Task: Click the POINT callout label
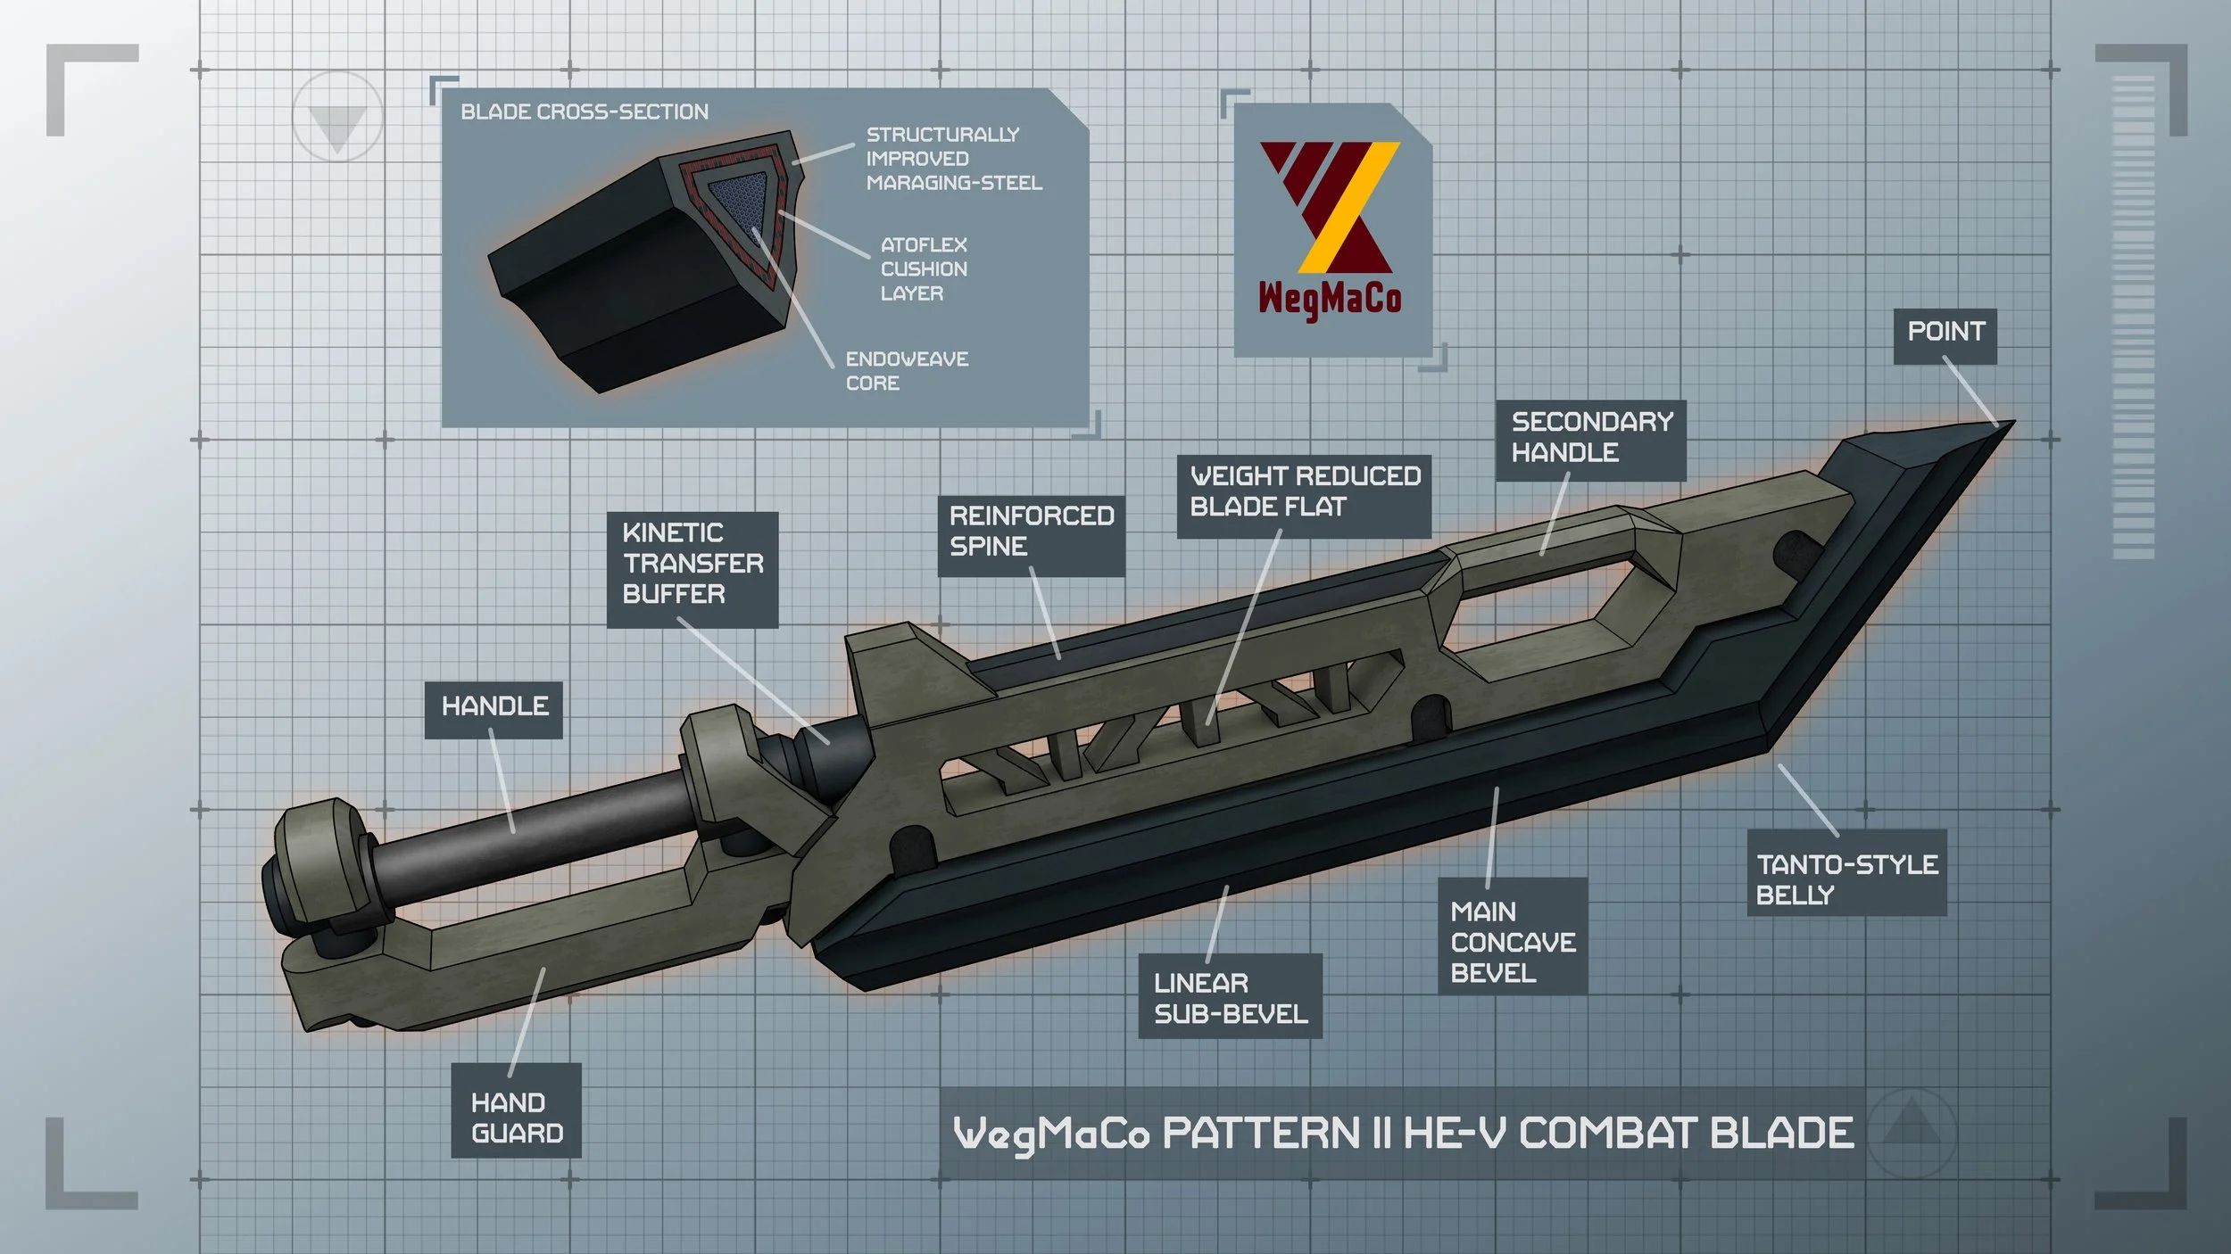pyautogui.click(x=1945, y=336)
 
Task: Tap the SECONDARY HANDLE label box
pyautogui.click(x=1590, y=441)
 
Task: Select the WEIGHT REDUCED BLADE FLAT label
pyautogui.click(x=1304, y=496)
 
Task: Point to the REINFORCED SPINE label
pyautogui.click(x=1031, y=536)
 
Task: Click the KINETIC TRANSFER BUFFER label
pyautogui.click(x=693, y=569)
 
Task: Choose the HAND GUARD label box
pyautogui.click(x=516, y=1110)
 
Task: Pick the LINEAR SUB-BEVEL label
pyautogui.click(x=1230, y=995)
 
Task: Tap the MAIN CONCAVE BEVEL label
pyautogui.click(x=1512, y=936)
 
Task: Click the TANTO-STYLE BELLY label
pyautogui.click(x=1845, y=872)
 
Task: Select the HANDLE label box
pyautogui.click(x=493, y=710)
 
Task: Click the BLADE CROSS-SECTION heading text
pyautogui.click(x=585, y=112)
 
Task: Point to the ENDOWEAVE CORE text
pyautogui.click(x=907, y=371)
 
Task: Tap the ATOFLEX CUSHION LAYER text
pyautogui.click(x=924, y=269)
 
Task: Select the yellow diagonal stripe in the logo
pyautogui.click(x=1348, y=207)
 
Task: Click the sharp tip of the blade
pyautogui.click(x=2012, y=422)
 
